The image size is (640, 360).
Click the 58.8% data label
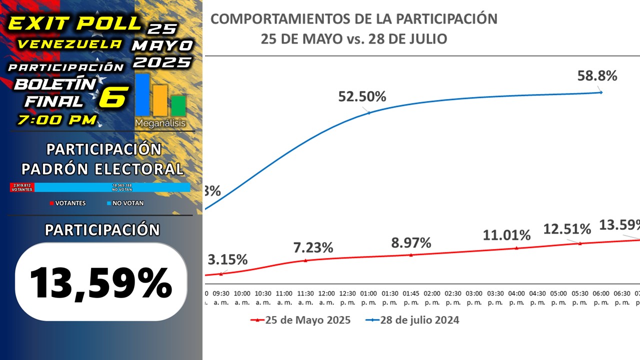tap(597, 76)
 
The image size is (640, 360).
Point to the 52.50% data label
tap(362, 97)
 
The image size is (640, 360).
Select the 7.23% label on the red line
tap(313, 247)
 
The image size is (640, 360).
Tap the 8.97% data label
tap(411, 242)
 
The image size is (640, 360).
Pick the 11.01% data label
tap(506, 235)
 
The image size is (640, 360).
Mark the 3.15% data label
tap(227, 259)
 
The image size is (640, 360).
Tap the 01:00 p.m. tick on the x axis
tap(369, 297)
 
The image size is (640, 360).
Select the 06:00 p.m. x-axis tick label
tap(600, 297)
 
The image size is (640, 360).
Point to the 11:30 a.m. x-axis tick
tap(305, 297)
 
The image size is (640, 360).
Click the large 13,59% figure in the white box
tap(101, 282)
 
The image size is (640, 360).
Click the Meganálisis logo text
tap(160, 123)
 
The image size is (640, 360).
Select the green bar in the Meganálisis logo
tap(178, 105)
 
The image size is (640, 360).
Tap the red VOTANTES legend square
tap(51, 203)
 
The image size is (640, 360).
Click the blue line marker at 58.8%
tap(600, 92)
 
